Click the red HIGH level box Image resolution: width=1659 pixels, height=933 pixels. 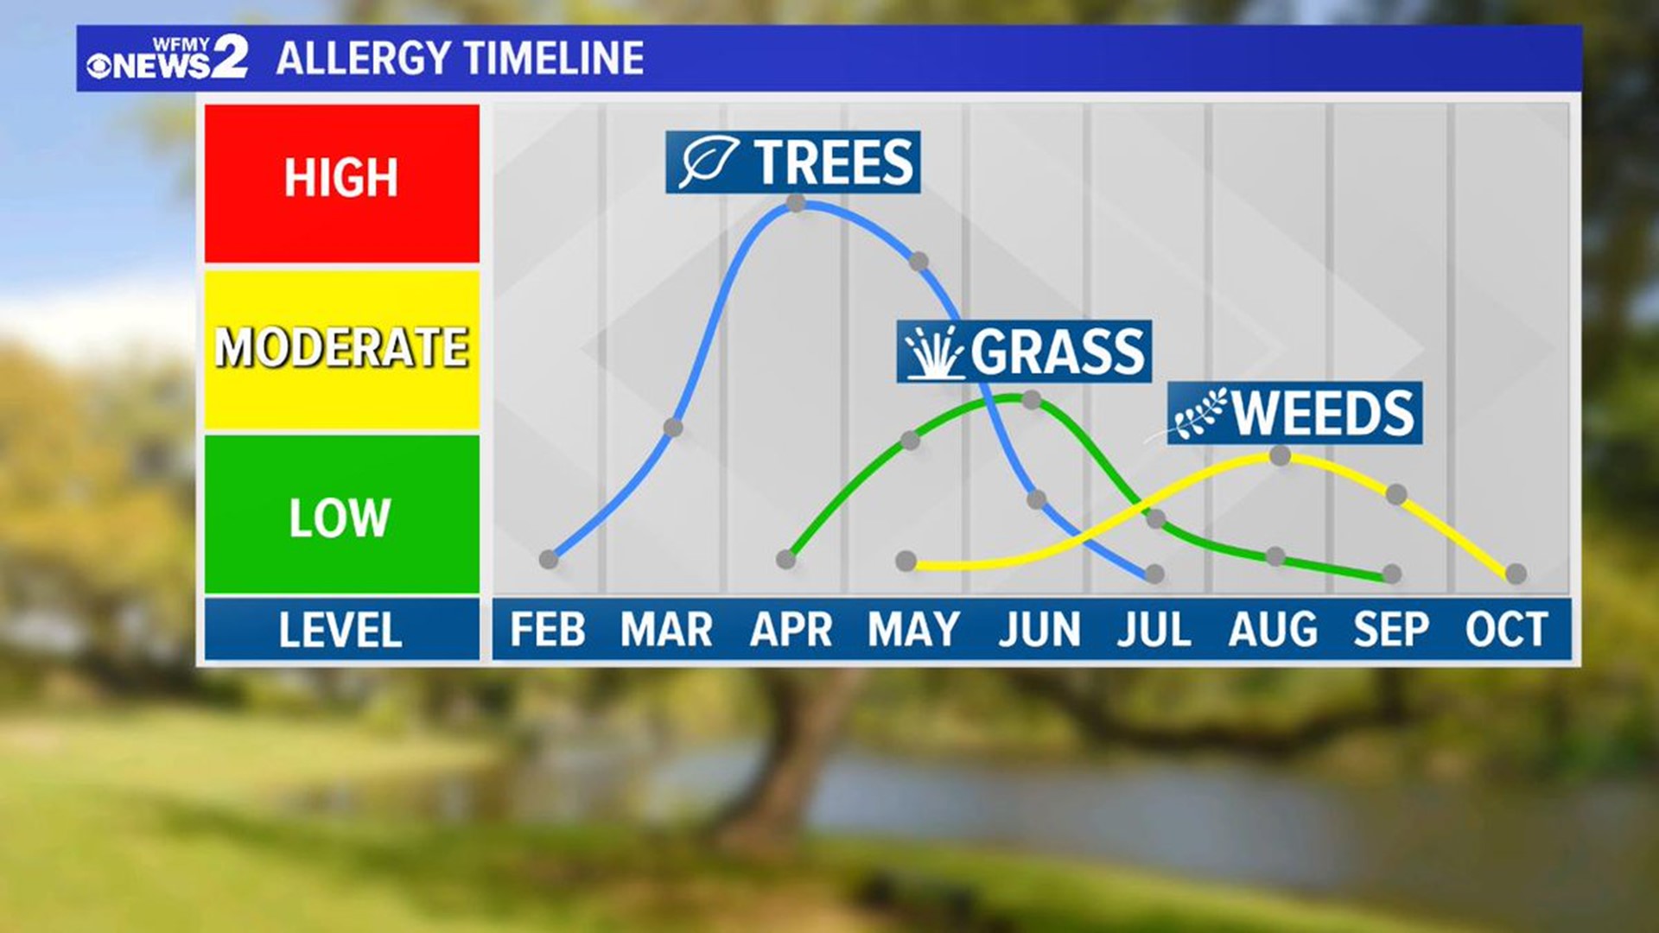pyautogui.click(x=341, y=183)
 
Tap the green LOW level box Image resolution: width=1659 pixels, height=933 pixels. pyautogui.click(x=341, y=515)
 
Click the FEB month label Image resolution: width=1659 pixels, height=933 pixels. pyautogui.click(x=547, y=629)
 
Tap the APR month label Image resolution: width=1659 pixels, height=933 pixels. pyautogui.click(x=790, y=629)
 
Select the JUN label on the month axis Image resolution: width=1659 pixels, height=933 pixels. pyautogui.click(x=1039, y=629)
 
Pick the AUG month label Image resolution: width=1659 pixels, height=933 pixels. pyautogui.click(x=1273, y=629)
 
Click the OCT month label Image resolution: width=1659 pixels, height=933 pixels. pyautogui.click(x=1506, y=629)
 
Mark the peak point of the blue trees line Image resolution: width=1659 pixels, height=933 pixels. pyautogui.click(x=796, y=204)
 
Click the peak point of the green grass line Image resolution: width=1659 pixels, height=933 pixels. pyautogui.click(x=1031, y=399)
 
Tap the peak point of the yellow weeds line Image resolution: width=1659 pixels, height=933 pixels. pyautogui.click(x=1280, y=456)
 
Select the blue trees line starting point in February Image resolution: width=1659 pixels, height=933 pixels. pyautogui.click(x=549, y=560)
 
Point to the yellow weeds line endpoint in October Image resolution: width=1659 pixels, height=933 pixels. pyautogui.click(x=1516, y=574)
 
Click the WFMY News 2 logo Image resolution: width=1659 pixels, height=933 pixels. pyautogui.click(x=167, y=59)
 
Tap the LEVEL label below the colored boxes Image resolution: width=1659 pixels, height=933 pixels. pyautogui.click(x=340, y=630)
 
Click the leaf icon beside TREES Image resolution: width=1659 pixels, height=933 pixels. pyautogui.click(x=708, y=162)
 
